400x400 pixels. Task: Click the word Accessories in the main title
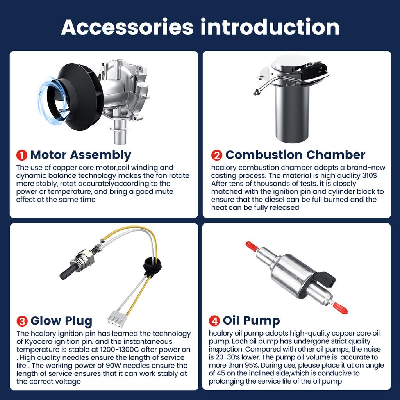click(127, 27)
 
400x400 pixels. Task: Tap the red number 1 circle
click(21, 155)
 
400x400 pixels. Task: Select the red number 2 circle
click(216, 155)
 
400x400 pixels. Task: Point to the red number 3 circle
click(22, 321)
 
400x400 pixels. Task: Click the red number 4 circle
click(214, 321)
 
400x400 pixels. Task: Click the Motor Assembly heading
click(80, 155)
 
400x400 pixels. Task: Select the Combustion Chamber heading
click(295, 155)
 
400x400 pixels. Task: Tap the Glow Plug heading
click(61, 321)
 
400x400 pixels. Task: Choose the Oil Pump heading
click(251, 321)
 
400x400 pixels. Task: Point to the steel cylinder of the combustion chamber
click(292, 113)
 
